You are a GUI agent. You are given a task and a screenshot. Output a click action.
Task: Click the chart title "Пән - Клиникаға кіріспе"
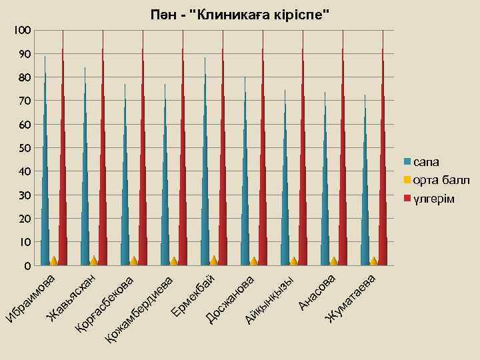pos(239,15)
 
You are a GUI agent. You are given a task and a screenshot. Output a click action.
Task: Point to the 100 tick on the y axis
pos(22,31)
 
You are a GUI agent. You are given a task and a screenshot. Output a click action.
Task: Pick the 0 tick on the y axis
pos(27,266)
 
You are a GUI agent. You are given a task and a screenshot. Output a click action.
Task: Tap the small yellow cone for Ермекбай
pos(213,261)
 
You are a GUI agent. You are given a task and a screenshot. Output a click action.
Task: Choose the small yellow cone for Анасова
pos(333,261)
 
